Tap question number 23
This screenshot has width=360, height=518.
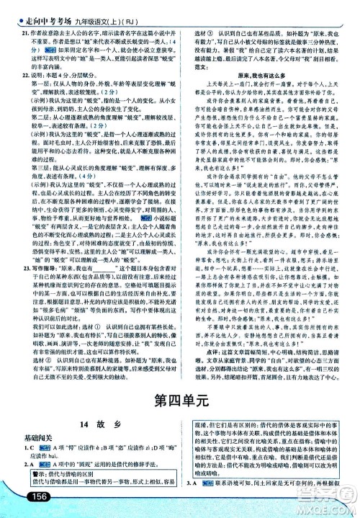[23, 267]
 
